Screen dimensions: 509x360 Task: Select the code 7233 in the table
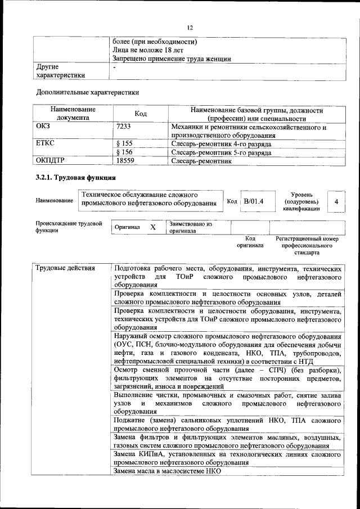click(123, 127)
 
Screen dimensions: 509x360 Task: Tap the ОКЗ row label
click(43, 127)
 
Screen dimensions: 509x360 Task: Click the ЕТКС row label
click(45, 144)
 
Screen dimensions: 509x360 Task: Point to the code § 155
click(124, 144)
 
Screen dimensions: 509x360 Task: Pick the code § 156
click(124, 152)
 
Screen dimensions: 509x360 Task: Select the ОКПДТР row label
click(51, 161)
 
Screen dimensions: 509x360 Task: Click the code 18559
click(125, 161)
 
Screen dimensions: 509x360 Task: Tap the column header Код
click(141, 114)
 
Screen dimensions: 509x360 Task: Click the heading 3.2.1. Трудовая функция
click(76, 178)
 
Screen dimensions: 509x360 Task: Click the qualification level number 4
click(336, 201)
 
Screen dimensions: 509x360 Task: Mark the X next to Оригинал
click(152, 227)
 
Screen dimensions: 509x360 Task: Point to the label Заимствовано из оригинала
click(190, 227)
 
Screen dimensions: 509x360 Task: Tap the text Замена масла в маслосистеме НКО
click(167, 471)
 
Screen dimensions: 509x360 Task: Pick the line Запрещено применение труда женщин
click(172, 58)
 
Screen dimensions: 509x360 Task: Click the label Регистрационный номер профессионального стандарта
click(307, 246)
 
